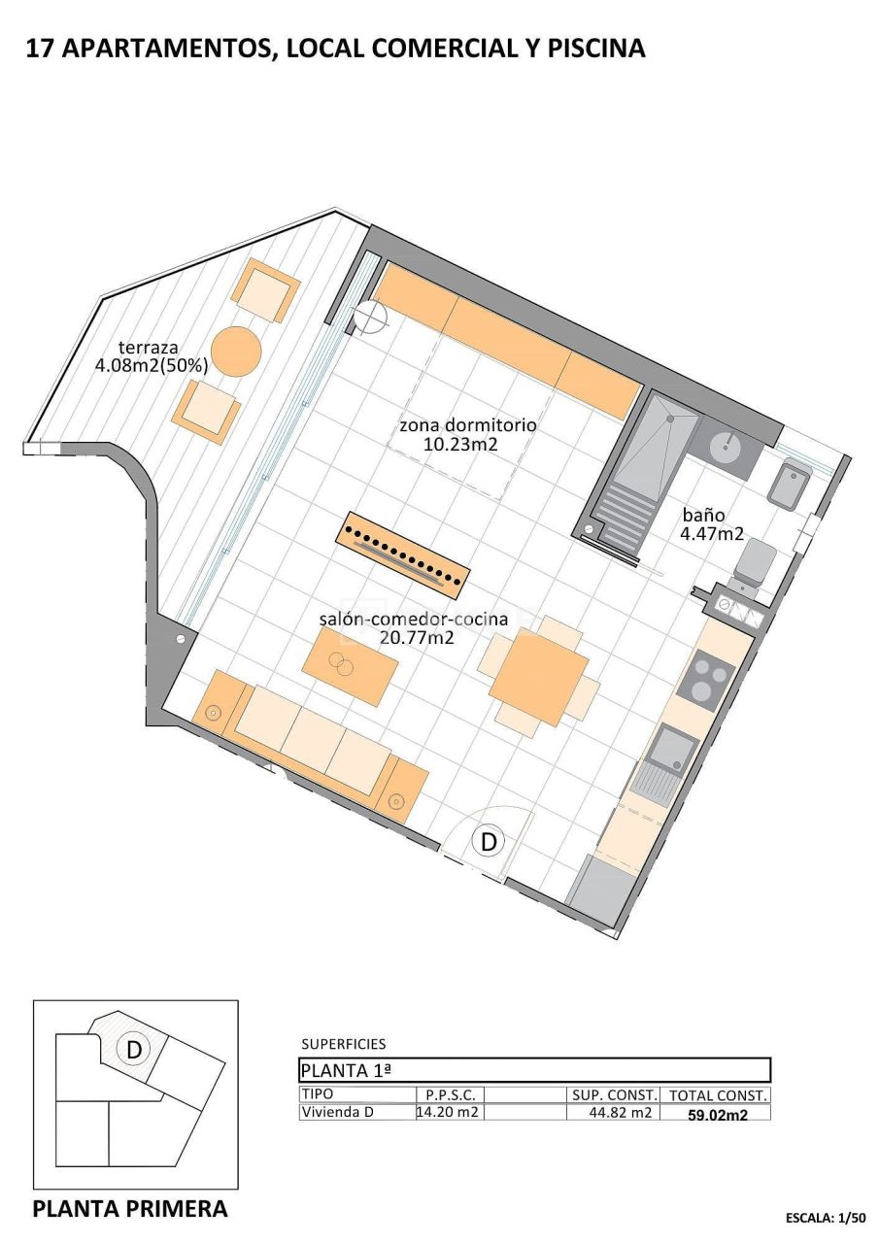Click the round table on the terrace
point(236,351)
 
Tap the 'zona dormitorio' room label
point(467,425)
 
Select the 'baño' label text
point(702,516)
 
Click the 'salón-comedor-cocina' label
point(412,620)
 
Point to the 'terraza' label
point(148,348)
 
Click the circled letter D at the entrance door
point(489,841)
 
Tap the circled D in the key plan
point(134,1049)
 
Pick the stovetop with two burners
point(705,678)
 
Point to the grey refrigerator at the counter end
point(596,889)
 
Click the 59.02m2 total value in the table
point(718,1115)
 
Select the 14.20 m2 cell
point(448,1113)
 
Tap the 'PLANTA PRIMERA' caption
point(130,1209)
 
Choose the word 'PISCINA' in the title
point(596,48)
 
